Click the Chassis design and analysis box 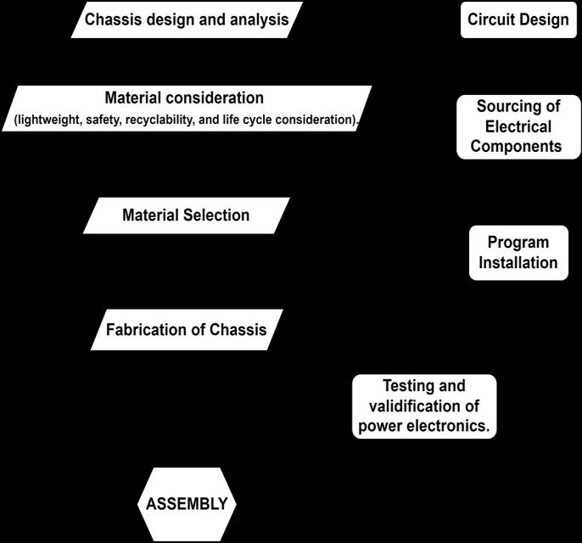click(x=187, y=20)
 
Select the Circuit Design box click(x=518, y=20)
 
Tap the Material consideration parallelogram click(x=187, y=109)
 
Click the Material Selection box click(x=186, y=215)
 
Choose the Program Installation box click(x=518, y=252)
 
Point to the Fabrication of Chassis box click(x=186, y=330)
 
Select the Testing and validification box click(x=424, y=406)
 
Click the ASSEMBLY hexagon click(x=187, y=503)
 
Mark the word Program click(x=518, y=243)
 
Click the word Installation click(x=518, y=262)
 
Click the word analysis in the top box click(x=257, y=20)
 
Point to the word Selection click(x=217, y=215)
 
